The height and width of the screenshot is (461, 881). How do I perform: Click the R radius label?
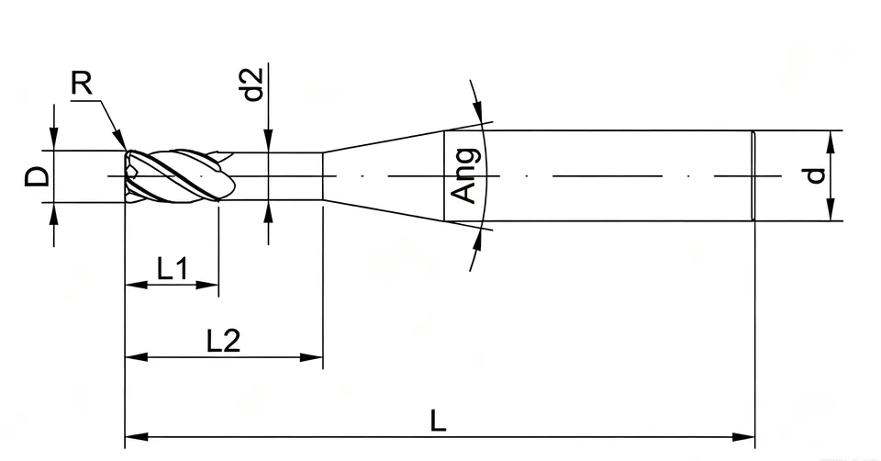(82, 84)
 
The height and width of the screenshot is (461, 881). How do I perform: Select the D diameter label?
(38, 177)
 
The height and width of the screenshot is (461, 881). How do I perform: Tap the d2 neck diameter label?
(253, 84)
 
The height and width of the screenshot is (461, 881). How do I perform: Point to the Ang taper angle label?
(467, 175)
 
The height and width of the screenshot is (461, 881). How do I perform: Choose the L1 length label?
(173, 269)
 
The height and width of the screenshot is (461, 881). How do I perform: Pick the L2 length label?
(224, 340)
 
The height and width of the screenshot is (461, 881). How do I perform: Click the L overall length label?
(439, 421)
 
